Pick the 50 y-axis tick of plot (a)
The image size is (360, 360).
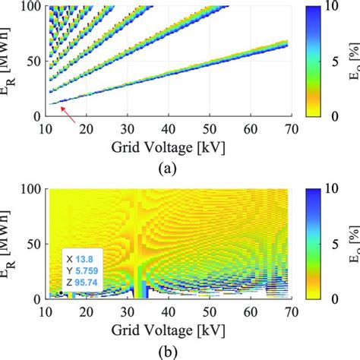[x=33, y=62]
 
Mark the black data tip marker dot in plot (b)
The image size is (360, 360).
[x=61, y=292]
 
